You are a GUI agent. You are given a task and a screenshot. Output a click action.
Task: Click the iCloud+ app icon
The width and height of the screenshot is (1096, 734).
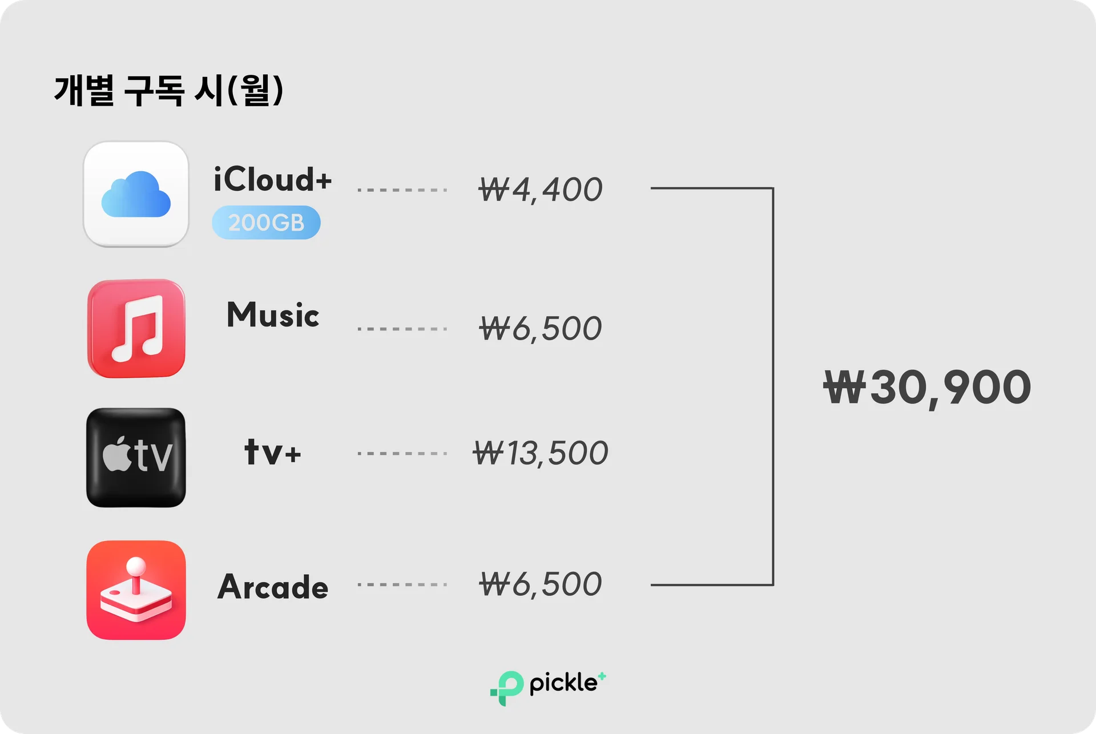click(x=136, y=194)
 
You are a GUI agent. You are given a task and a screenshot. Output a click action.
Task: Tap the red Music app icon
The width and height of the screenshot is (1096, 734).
click(x=136, y=328)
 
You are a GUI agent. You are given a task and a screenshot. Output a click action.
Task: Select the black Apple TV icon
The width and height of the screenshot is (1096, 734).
click(x=136, y=457)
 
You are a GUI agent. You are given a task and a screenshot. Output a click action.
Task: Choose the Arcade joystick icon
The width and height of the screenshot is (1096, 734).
click(x=136, y=590)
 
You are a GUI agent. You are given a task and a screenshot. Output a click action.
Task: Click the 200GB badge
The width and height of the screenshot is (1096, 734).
click(x=266, y=223)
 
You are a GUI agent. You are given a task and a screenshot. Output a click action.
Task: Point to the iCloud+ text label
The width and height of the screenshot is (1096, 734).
click(x=272, y=179)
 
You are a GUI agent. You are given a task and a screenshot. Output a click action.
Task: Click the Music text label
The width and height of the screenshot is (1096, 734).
click(x=273, y=315)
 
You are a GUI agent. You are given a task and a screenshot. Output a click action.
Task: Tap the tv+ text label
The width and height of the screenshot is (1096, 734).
click(x=273, y=453)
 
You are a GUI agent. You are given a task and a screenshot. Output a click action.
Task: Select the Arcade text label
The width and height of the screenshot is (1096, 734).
click(x=273, y=587)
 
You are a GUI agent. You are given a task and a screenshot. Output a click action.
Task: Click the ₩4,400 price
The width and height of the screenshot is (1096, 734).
click(x=540, y=189)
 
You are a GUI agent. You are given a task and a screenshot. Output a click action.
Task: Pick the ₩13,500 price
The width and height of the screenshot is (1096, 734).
click(x=540, y=453)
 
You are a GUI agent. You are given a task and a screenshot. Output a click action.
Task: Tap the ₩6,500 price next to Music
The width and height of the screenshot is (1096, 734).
click(x=540, y=329)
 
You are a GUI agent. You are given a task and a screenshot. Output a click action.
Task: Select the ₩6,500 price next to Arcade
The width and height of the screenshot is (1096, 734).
click(x=540, y=584)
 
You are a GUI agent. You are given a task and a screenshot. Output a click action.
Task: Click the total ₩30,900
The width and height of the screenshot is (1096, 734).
click(x=927, y=388)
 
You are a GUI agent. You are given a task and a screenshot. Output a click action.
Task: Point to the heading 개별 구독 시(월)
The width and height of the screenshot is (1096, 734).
click(x=169, y=91)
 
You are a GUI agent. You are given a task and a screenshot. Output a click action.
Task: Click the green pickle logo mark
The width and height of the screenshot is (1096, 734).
click(x=506, y=687)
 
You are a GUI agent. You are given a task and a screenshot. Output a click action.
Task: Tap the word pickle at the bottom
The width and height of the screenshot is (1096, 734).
click(x=563, y=683)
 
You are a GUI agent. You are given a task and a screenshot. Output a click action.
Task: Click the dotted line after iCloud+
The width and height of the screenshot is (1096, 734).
click(x=402, y=189)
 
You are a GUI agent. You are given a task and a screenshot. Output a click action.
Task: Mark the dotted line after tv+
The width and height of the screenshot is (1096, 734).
click(x=402, y=453)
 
